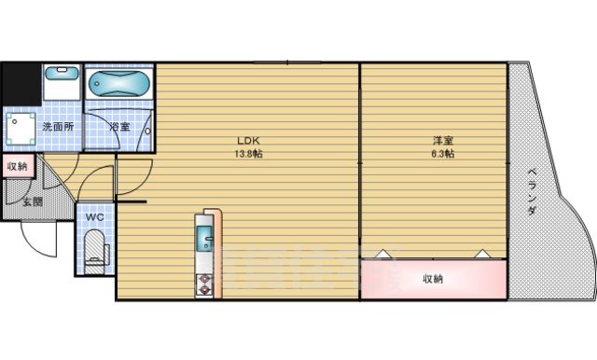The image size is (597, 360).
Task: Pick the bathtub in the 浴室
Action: coord(117,86)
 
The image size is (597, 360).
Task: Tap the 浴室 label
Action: coord(118,127)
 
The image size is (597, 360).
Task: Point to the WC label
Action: coord(94,217)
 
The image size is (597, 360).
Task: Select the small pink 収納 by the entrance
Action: coord(17,166)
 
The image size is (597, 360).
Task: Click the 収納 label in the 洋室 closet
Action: coord(431,278)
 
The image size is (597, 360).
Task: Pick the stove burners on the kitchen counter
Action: coord(204,284)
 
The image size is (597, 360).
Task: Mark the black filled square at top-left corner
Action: coord(20,83)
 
